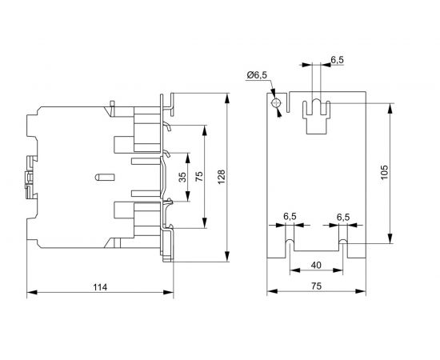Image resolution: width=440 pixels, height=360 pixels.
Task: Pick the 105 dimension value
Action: (x=383, y=173)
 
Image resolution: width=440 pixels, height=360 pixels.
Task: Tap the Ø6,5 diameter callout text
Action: (x=258, y=76)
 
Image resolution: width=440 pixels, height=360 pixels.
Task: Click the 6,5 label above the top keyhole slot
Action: (x=338, y=59)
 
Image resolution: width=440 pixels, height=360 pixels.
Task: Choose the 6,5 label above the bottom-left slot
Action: (x=290, y=217)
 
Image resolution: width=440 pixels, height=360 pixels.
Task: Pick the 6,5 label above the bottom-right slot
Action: (x=343, y=217)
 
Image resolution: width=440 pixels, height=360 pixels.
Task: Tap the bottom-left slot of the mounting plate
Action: (x=289, y=242)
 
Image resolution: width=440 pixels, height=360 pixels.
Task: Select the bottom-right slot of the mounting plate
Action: (x=343, y=242)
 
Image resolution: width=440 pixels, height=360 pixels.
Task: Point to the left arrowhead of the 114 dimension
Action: (x=31, y=294)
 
